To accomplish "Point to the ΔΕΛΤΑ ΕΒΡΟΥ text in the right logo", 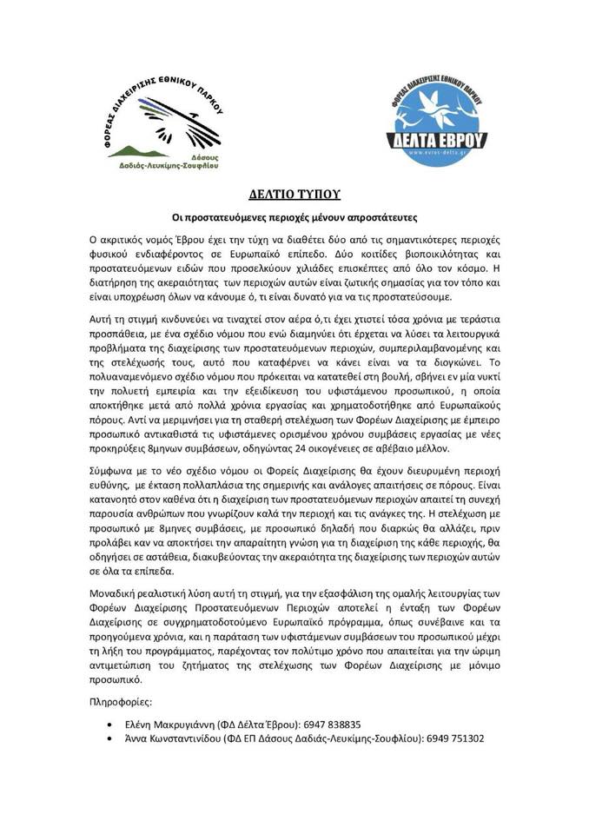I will tap(442, 136).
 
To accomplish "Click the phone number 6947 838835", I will tap(328, 723).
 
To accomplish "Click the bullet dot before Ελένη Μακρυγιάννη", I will tap(108, 724).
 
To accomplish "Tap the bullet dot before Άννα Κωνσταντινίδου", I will tap(108, 738).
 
